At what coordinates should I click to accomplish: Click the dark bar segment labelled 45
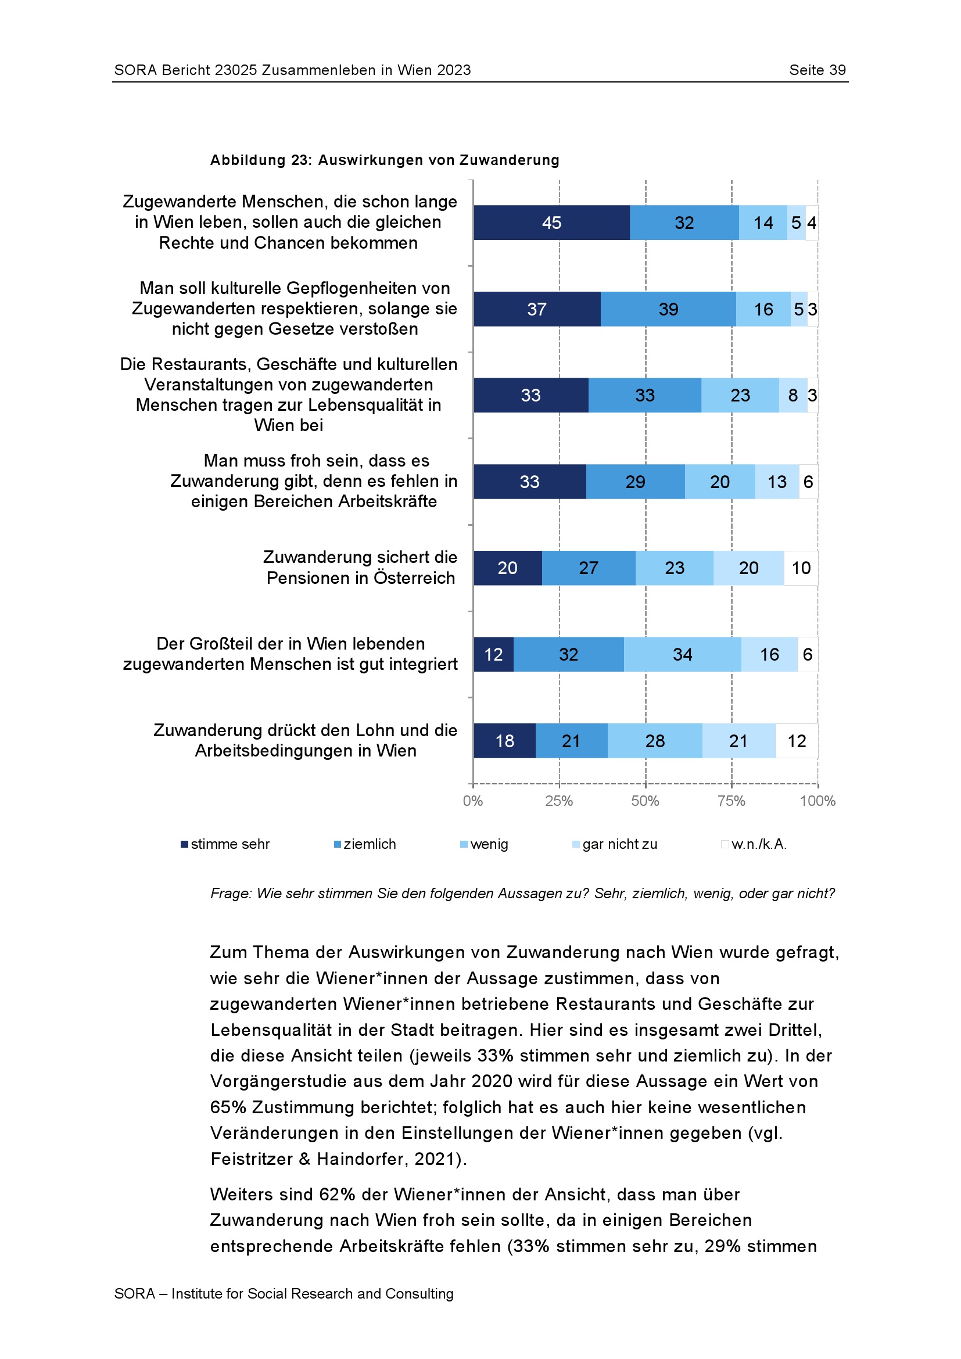tap(551, 223)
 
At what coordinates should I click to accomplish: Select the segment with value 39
tap(668, 309)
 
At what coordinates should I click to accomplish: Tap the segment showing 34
tap(682, 654)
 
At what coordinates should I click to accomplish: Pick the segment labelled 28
tap(654, 740)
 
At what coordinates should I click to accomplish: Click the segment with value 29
tap(635, 482)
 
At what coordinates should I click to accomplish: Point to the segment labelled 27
tap(588, 568)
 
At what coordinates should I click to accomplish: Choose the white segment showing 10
tap(801, 568)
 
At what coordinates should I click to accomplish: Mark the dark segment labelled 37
tap(537, 309)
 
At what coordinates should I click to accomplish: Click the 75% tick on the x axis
tap(731, 801)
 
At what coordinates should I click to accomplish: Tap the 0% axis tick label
tap(473, 801)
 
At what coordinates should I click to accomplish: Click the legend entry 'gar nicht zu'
tap(619, 844)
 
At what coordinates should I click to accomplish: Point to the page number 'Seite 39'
tap(817, 70)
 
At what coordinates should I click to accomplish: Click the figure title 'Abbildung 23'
tap(260, 160)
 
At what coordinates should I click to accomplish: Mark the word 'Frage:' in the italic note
tap(231, 893)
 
